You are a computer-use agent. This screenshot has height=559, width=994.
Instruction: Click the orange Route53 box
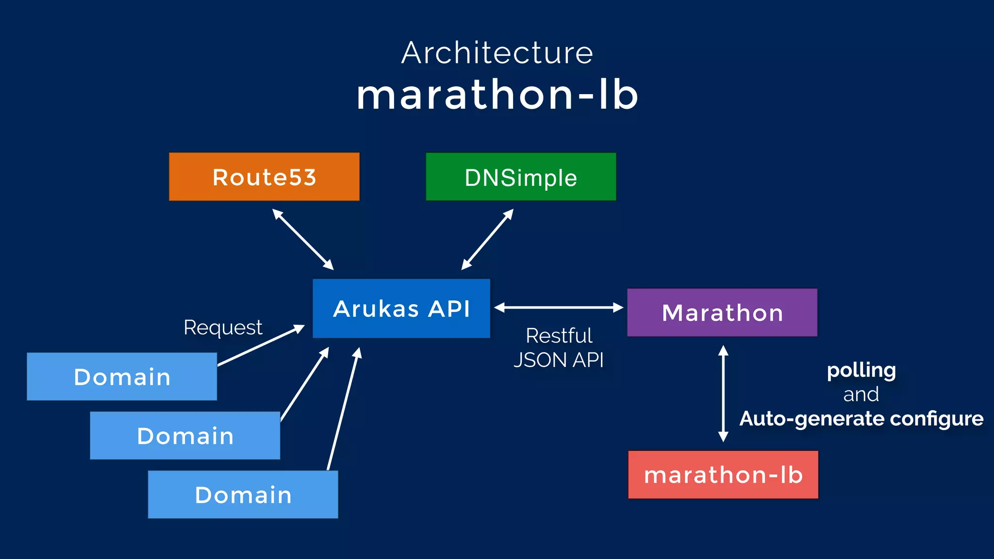pyautogui.click(x=264, y=177)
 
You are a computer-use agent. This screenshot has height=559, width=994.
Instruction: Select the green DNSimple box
pyautogui.click(x=521, y=177)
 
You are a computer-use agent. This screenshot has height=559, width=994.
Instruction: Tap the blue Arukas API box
pyautogui.click(x=401, y=308)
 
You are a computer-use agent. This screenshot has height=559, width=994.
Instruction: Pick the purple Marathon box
pyautogui.click(x=722, y=312)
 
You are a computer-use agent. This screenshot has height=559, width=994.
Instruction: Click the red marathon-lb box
pyautogui.click(x=723, y=475)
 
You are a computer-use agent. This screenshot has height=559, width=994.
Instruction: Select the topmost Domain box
pyautogui.click(x=122, y=377)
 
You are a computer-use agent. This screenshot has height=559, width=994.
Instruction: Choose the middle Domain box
pyautogui.click(x=185, y=435)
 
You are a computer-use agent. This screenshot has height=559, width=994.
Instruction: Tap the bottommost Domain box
pyautogui.click(x=243, y=494)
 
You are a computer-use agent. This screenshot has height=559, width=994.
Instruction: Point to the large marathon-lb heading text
pyautogui.click(x=497, y=95)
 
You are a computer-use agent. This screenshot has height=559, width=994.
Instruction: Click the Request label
pyautogui.click(x=223, y=328)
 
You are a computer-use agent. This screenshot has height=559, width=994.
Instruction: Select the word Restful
pyautogui.click(x=559, y=336)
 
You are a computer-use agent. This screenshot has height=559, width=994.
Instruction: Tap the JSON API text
pyautogui.click(x=559, y=360)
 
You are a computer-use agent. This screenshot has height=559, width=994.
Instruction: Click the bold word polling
pyautogui.click(x=861, y=370)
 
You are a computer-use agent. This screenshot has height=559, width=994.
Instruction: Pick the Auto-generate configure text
pyautogui.click(x=861, y=418)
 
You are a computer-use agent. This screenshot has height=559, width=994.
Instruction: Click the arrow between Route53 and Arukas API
pyautogui.click(x=303, y=239)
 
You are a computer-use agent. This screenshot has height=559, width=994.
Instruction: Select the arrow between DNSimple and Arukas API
pyautogui.click(x=487, y=239)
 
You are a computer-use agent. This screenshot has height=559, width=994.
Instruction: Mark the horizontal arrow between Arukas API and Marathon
pyautogui.click(x=559, y=307)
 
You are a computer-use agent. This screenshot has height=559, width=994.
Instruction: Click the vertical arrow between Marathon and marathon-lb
pyautogui.click(x=723, y=393)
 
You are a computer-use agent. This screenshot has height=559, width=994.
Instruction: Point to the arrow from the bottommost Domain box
pyautogui.click(x=343, y=409)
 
